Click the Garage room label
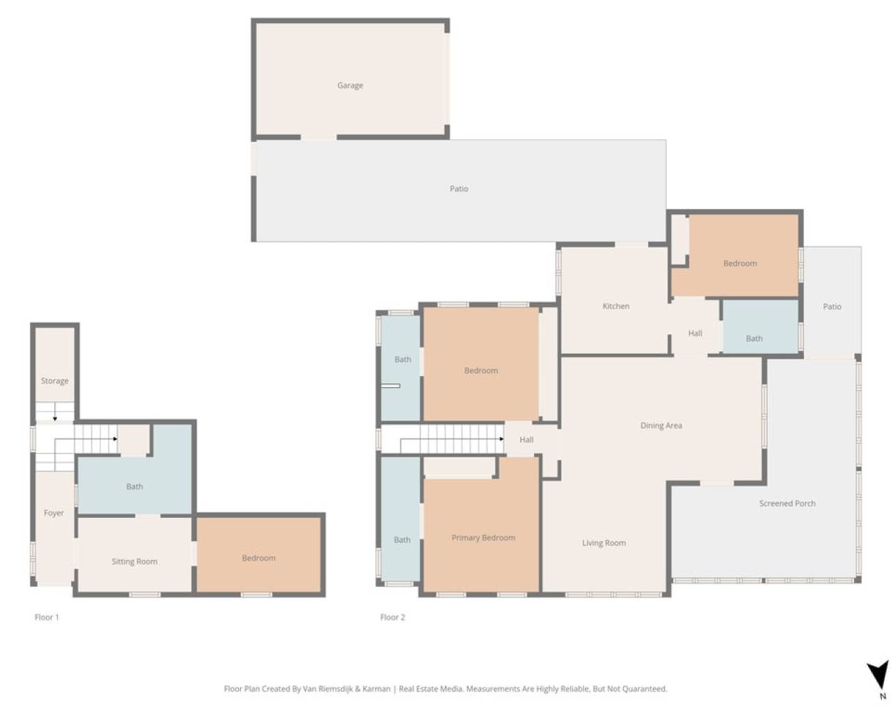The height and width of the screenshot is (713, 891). click(x=350, y=86)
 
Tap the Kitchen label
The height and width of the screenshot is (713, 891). click(x=615, y=306)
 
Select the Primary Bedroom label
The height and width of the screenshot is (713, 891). click(x=483, y=538)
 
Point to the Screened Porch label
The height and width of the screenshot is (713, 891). click(x=787, y=503)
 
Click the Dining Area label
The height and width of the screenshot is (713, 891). click(x=661, y=425)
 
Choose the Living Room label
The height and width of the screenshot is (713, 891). click(x=604, y=542)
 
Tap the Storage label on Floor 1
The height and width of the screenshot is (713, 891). click(x=55, y=381)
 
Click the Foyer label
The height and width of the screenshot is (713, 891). click(x=54, y=513)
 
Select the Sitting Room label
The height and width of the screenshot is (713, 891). click(x=134, y=561)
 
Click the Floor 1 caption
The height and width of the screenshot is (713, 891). click(x=47, y=618)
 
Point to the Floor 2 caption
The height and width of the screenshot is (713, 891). click(x=393, y=618)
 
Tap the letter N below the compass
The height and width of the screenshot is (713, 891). click(x=883, y=696)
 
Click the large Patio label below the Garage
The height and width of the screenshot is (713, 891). click(x=459, y=189)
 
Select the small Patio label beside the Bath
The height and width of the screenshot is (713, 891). click(x=832, y=306)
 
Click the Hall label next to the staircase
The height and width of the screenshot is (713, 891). click(x=526, y=439)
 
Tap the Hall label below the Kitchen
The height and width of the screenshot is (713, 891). click(x=695, y=333)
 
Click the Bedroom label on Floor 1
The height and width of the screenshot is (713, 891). click(x=258, y=558)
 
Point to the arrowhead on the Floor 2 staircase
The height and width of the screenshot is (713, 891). click(x=501, y=439)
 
